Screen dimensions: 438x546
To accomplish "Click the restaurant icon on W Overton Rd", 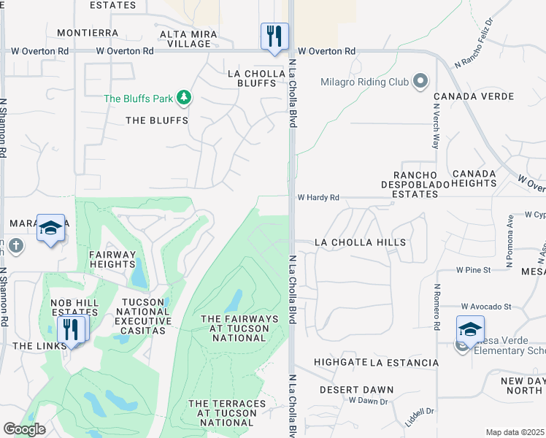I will [274, 36].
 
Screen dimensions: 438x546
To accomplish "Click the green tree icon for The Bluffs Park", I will [185, 98].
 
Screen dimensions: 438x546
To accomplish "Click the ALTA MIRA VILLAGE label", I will [185, 39].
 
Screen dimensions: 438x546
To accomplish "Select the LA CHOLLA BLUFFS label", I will [254, 78].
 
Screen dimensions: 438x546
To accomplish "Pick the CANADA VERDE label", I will [473, 96].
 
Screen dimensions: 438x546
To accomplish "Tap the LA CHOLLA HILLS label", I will [359, 242].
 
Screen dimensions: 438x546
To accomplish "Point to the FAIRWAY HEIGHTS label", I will [112, 260].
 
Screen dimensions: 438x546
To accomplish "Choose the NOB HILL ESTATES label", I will [74, 307].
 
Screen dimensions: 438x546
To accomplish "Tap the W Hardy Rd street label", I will [318, 197].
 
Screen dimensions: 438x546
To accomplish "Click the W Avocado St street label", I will [489, 307].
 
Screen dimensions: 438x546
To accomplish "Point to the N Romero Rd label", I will [436, 307].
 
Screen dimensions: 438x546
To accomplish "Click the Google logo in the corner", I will [25, 429].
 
